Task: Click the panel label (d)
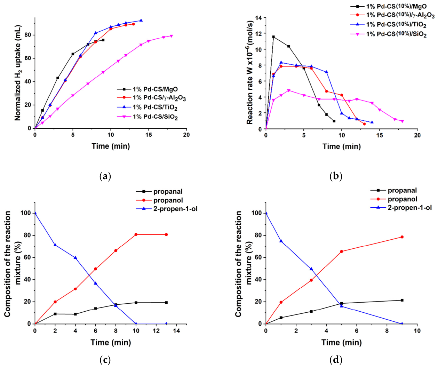coord(336,359)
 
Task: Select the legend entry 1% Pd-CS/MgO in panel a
coord(155,89)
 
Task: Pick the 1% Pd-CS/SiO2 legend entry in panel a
coord(155,117)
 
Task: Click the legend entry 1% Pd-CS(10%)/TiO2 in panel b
coord(396,25)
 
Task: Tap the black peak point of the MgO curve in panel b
coord(273,37)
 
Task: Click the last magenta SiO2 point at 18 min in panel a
coord(171,36)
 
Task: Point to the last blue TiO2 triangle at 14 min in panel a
coord(141,21)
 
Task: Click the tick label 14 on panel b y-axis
coord(258,17)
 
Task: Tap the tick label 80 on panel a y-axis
coord(27,35)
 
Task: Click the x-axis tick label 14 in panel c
coord(176,331)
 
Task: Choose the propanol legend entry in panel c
coord(168,200)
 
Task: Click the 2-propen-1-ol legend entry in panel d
coord(409,208)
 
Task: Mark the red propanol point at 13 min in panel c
coord(166,235)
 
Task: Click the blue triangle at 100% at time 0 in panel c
coord(35,213)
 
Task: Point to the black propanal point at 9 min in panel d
coord(402,300)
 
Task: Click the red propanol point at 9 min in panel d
coord(402,237)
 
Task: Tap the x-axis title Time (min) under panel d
coord(341,343)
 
